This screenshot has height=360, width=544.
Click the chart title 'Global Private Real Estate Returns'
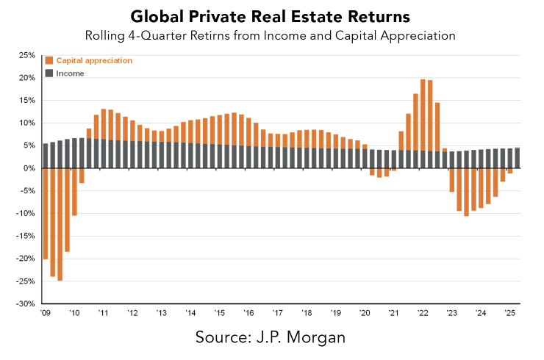(x=271, y=16)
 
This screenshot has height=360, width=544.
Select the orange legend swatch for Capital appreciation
(x=49, y=60)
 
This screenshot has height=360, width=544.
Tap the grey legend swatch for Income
(x=49, y=73)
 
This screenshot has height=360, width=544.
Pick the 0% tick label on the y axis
(x=29, y=168)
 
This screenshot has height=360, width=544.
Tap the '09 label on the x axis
(x=45, y=313)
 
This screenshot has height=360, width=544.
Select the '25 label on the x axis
(x=509, y=313)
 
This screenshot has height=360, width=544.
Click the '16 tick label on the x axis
(x=248, y=313)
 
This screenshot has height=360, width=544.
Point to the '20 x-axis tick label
(x=364, y=313)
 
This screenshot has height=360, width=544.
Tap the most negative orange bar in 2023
(x=466, y=194)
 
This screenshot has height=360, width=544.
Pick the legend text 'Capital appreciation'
(x=94, y=60)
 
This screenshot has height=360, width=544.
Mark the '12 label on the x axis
(x=132, y=313)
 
